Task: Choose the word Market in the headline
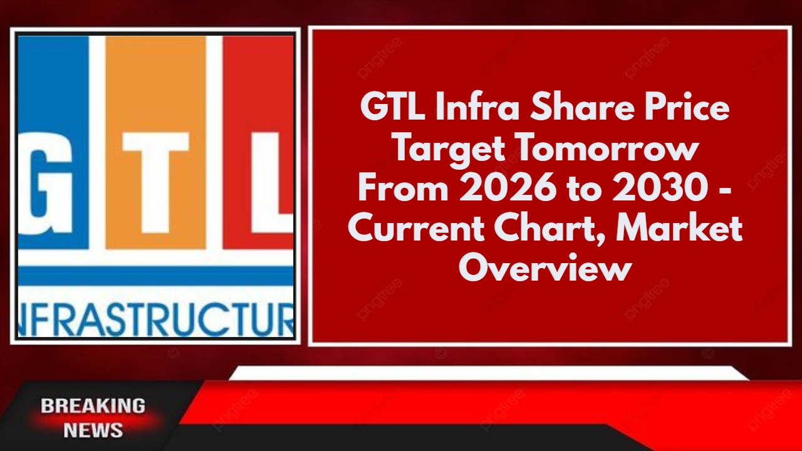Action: pos(679,230)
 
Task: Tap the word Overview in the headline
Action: pos(545,270)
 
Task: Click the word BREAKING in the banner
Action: pos(93,406)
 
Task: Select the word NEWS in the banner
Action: pos(93,430)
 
